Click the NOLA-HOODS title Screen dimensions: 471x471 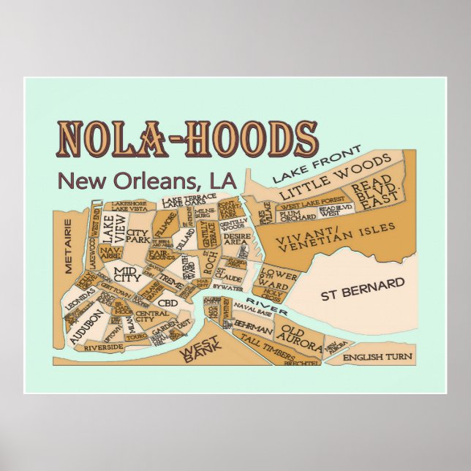187,139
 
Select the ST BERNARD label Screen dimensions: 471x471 362,289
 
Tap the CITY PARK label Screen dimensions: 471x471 137,235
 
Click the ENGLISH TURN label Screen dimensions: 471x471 377,357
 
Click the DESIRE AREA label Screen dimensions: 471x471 236,239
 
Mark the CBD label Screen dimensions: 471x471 167,303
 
